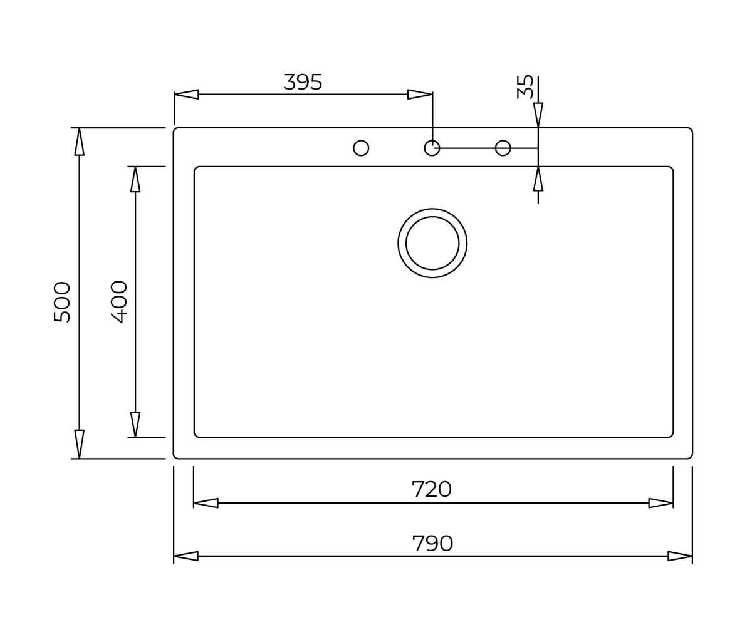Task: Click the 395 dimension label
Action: point(303,82)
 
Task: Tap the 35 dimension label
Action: point(525,86)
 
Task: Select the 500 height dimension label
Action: point(61,302)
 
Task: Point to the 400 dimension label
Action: point(118,302)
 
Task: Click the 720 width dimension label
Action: point(431,489)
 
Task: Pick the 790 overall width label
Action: point(432,543)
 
